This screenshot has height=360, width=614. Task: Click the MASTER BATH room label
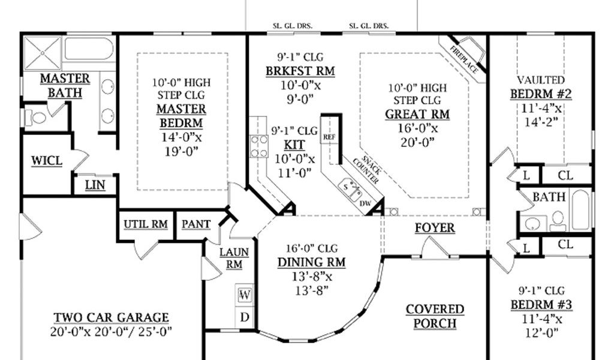[65, 86]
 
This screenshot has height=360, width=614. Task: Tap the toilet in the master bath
[35, 118]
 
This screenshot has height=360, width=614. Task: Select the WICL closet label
[47, 161]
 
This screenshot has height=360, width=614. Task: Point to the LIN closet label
[95, 185]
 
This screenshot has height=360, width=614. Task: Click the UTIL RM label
[146, 224]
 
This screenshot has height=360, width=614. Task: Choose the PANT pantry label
[196, 224]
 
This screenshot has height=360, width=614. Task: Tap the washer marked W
[245, 295]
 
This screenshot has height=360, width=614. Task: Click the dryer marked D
[245, 317]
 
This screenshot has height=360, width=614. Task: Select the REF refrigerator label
[329, 137]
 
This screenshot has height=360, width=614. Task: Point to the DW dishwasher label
[365, 203]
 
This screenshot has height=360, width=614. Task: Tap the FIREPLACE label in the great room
[465, 60]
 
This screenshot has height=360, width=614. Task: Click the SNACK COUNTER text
[366, 170]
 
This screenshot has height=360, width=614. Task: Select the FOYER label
[435, 227]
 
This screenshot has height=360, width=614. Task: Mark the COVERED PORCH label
[435, 317]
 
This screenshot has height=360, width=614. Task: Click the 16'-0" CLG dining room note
[311, 248]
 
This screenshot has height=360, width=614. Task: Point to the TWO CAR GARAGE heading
[111, 317]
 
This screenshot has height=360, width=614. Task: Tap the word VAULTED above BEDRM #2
[541, 80]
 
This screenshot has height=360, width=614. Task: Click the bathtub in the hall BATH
[580, 210]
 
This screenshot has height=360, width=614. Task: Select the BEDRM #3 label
[541, 304]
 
